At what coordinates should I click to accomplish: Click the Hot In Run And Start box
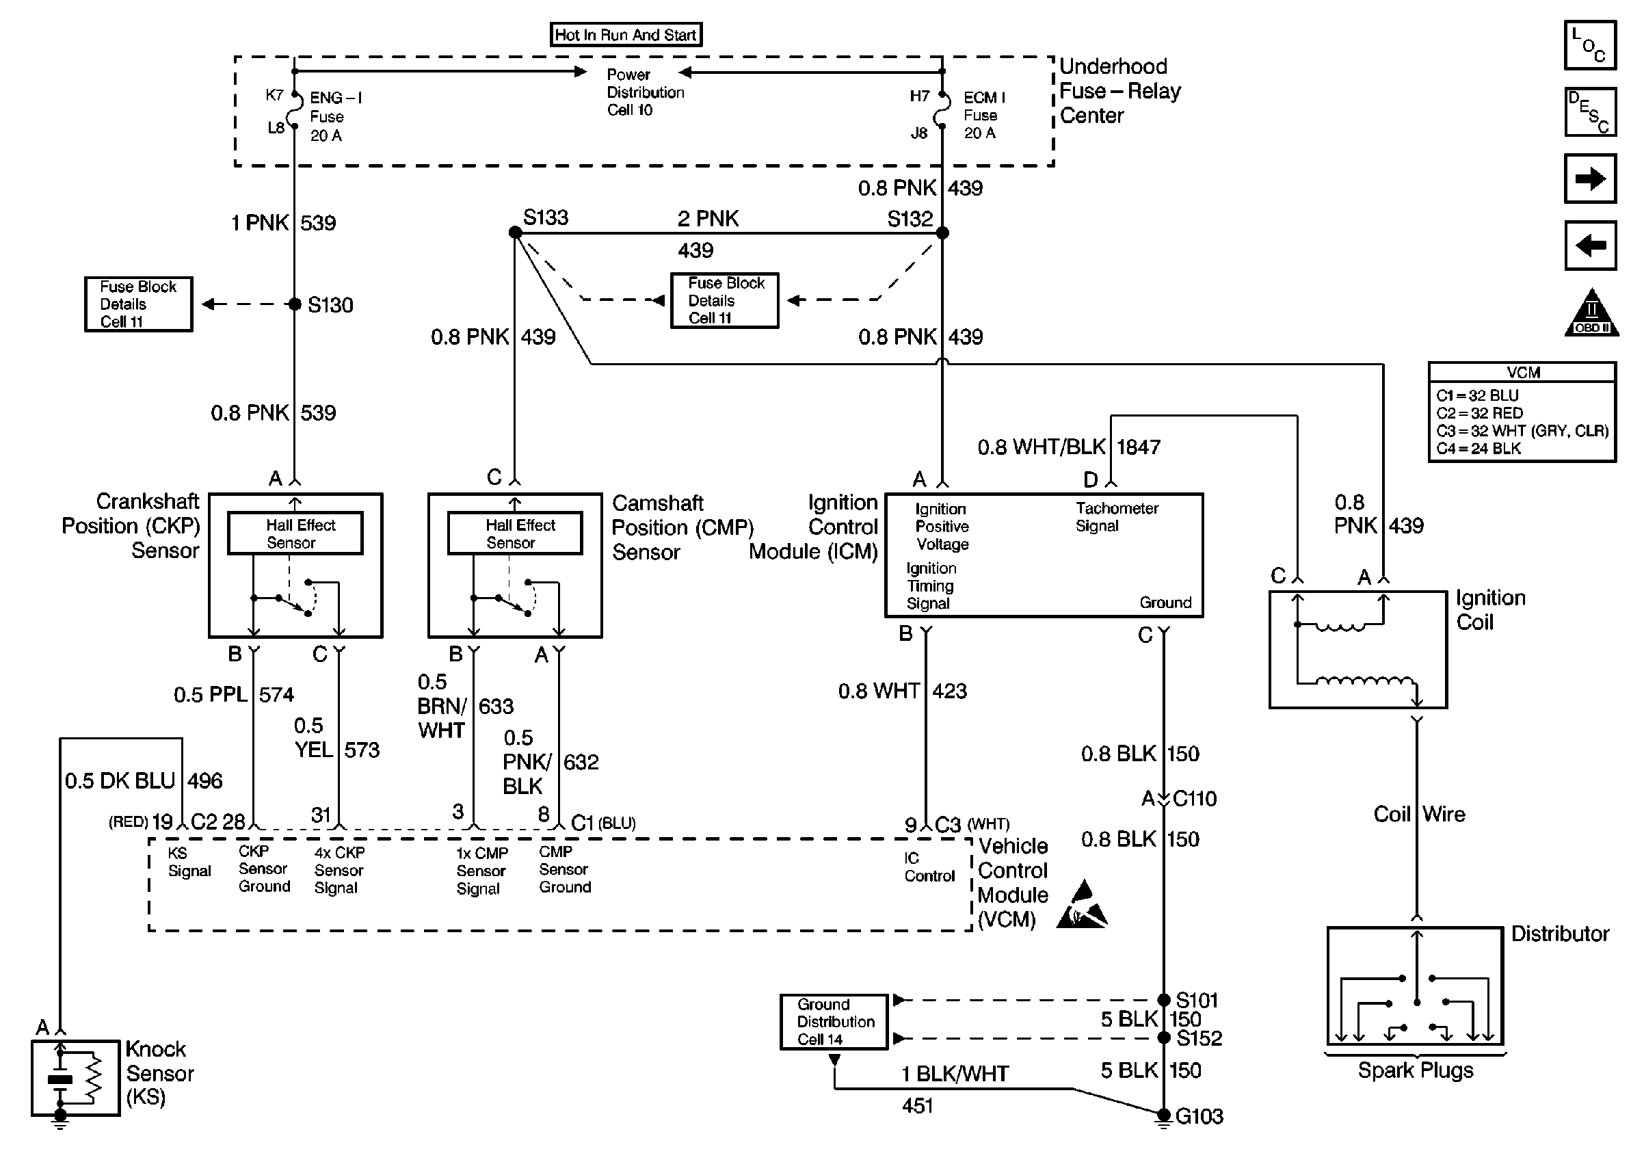coord(626,35)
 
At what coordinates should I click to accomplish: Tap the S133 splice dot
coord(515,233)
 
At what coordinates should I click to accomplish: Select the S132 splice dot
coord(942,233)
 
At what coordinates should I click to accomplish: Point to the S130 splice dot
coord(294,304)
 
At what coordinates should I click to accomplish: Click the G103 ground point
coord(1163,1115)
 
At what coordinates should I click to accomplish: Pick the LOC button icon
coord(1590,46)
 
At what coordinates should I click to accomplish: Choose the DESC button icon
coord(1590,112)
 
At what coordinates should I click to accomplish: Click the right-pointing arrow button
coord(1590,179)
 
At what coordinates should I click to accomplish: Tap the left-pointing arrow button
coord(1590,246)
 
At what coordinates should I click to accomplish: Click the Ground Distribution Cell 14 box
coord(834,1022)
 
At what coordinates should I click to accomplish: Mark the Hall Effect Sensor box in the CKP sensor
coord(295,533)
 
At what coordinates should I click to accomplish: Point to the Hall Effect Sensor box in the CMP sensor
coord(515,533)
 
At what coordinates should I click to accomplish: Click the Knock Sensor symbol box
coord(75,1077)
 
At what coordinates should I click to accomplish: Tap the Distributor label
coord(1559,934)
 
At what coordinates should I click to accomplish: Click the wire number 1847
coord(1139,447)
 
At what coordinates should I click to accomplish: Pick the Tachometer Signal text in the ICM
coord(1116,516)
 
